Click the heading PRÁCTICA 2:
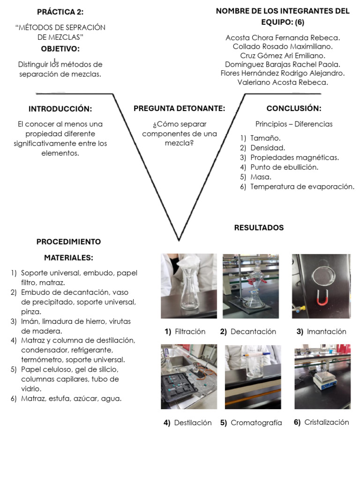[x=60, y=12]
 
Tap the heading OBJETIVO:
[x=60, y=49]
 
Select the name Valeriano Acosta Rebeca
[x=283, y=82]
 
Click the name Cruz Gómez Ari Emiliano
[x=283, y=55]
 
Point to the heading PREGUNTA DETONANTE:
[x=180, y=108]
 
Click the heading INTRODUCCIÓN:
[x=60, y=109]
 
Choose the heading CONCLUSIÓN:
[x=294, y=108]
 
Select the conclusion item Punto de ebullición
[x=284, y=167]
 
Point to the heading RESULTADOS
[x=259, y=228]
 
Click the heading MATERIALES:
[x=68, y=257]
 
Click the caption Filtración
[x=190, y=331]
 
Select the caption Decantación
[x=253, y=331]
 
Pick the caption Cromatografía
[x=256, y=423]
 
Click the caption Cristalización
[x=326, y=422]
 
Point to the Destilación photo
[x=188, y=377]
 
